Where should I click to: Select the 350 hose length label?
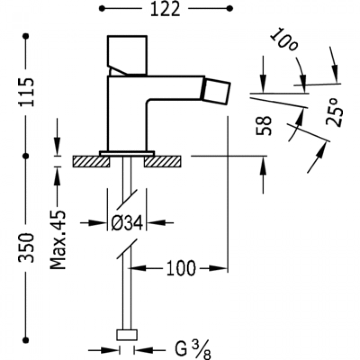pyautogui.click(x=28, y=247)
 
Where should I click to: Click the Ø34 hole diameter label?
pyautogui.click(x=127, y=223)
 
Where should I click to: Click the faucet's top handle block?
pyautogui.click(x=127, y=54)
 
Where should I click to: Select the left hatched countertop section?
pyautogui.click(x=91, y=161)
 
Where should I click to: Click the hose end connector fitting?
pyautogui.click(x=127, y=335)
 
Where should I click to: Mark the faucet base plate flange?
pyautogui.click(x=127, y=154)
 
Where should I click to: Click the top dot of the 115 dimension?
pyautogui.click(x=26, y=36)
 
